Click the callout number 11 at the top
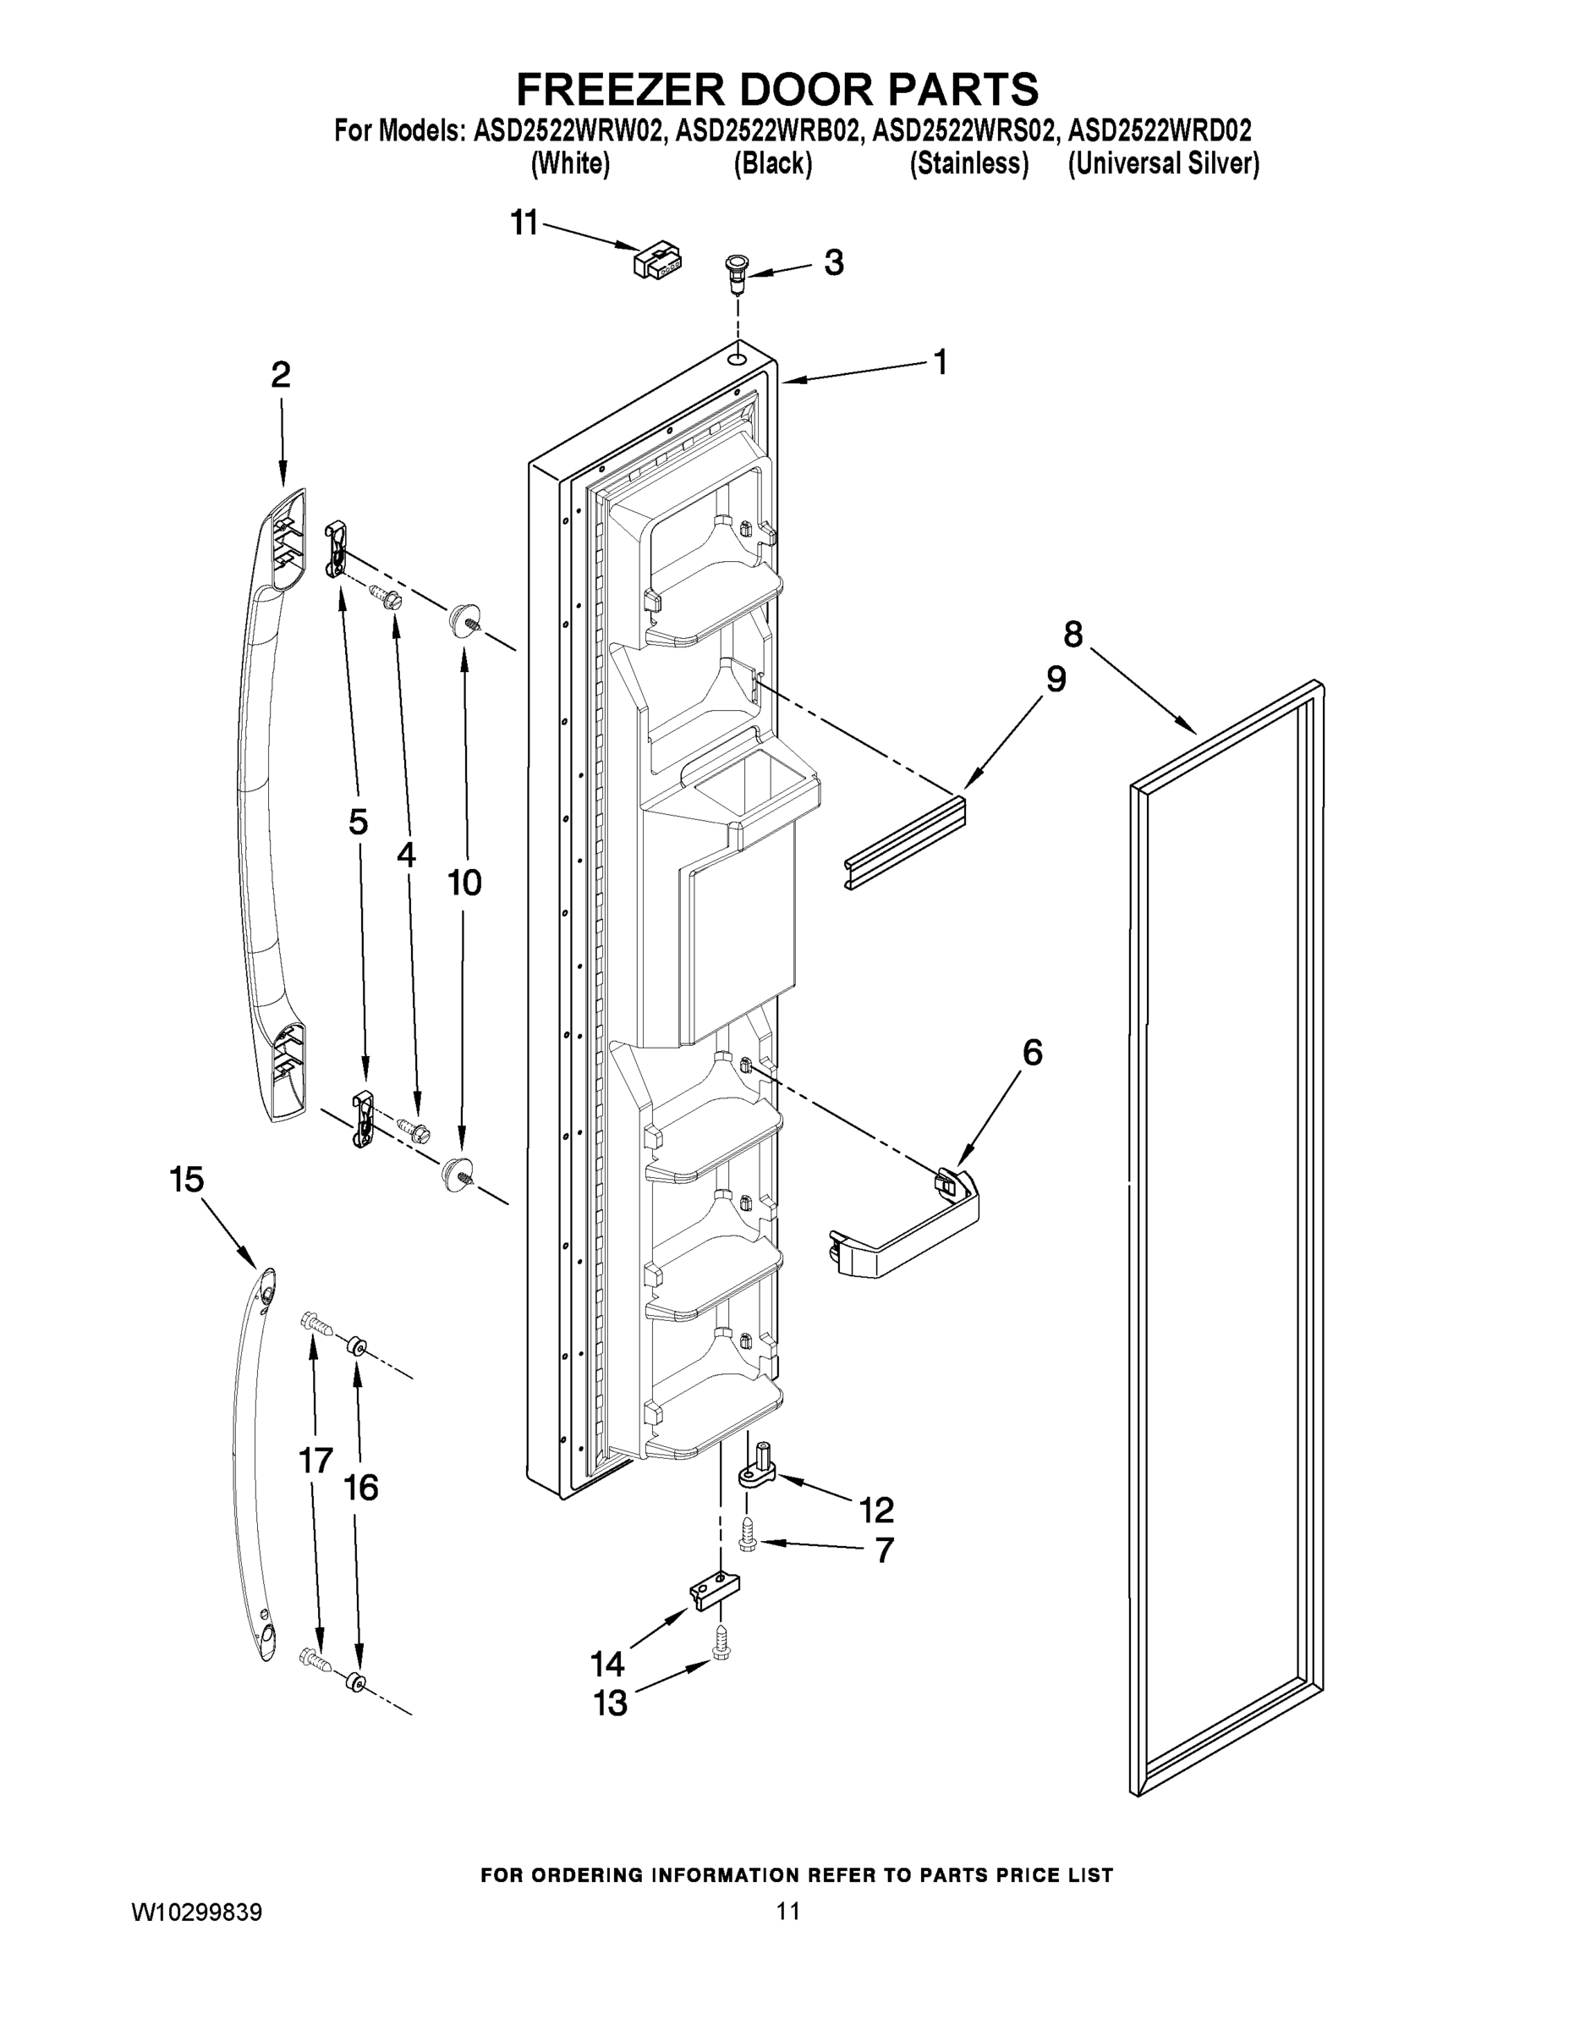click(524, 223)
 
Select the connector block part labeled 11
click(656, 260)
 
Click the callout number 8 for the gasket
click(1073, 636)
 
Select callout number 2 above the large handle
click(281, 375)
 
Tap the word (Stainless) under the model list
click(968, 163)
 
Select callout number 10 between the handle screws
click(464, 883)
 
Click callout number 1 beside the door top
click(940, 361)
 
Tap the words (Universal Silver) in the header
click(1163, 163)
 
